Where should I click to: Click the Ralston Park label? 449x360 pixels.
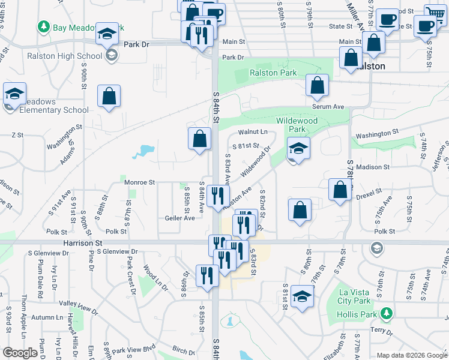click(x=273, y=73)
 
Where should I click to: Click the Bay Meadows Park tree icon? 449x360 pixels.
click(x=43, y=27)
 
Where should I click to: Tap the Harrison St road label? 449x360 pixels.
click(x=82, y=243)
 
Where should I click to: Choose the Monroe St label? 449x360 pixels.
click(x=140, y=182)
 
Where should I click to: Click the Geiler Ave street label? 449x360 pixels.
click(x=179, y=218)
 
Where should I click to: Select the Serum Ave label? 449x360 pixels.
click(x=328, y=106)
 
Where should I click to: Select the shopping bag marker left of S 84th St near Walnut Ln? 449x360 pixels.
click(x=200, y=139)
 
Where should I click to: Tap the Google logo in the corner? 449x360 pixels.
click(x=20, y=352)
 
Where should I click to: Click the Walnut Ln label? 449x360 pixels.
click(x=253, y=131)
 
